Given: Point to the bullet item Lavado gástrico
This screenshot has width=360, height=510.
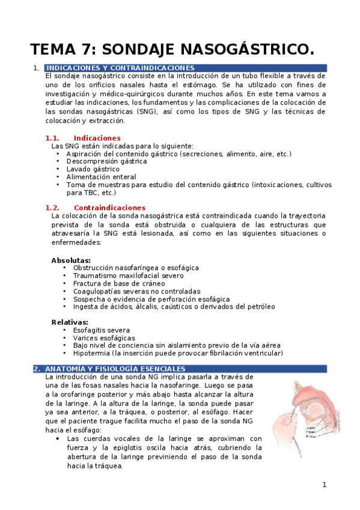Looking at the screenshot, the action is coord(93,169).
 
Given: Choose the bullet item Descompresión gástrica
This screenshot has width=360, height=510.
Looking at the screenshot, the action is coord(99,161).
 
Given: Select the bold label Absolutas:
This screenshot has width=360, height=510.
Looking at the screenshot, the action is coord(71,260).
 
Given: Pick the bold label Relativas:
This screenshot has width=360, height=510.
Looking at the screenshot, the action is coord(70,322).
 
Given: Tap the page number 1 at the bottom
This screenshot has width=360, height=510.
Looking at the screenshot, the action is coord(324,485).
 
